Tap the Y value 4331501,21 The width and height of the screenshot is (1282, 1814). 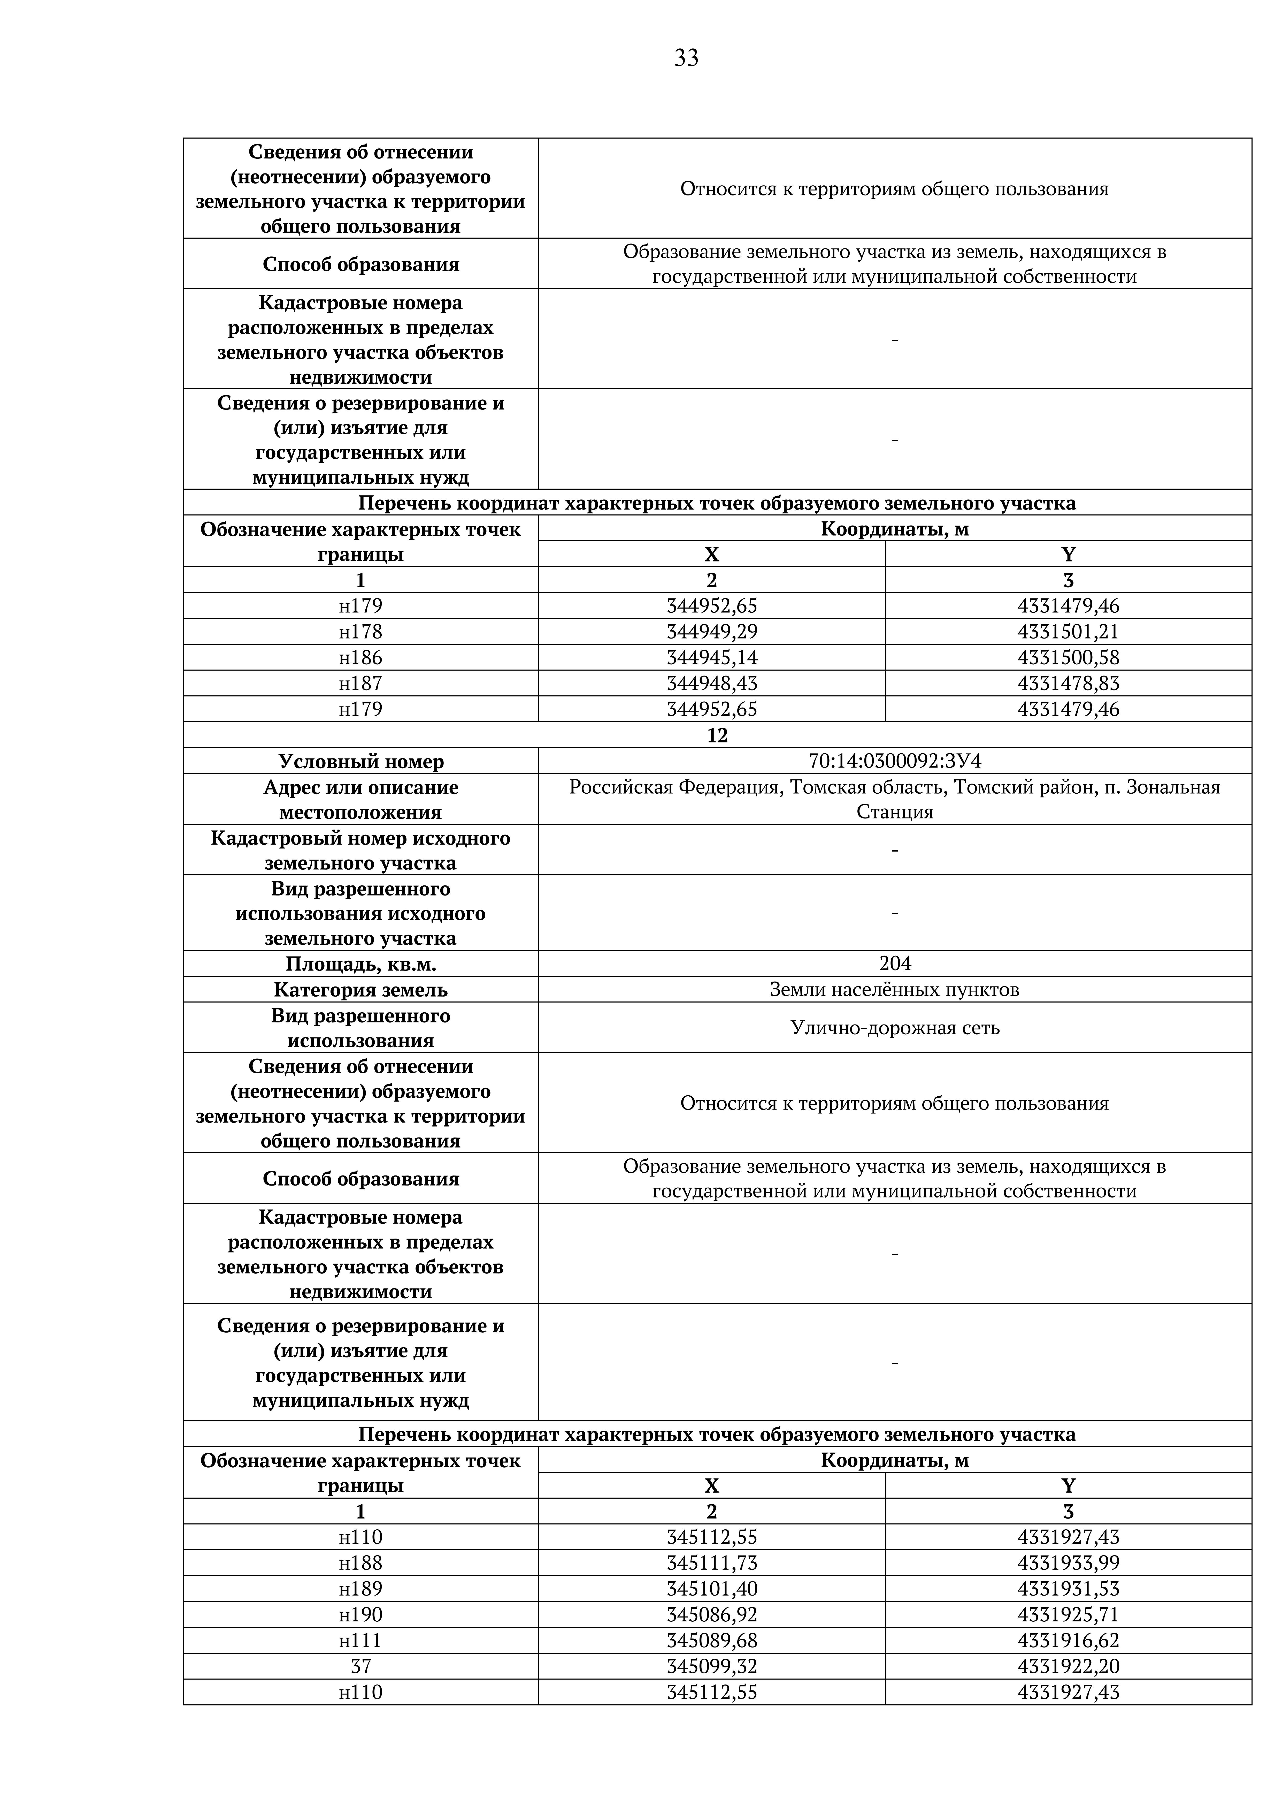tap(1068, 631)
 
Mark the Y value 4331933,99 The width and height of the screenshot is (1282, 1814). tap(1068, 1563)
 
